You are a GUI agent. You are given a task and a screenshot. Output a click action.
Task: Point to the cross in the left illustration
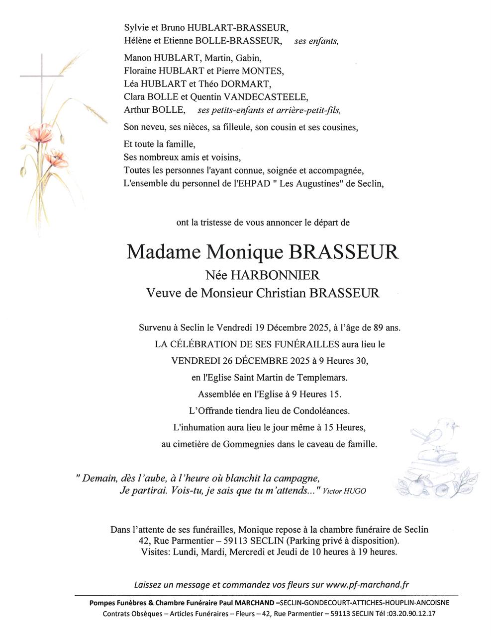(42, 77)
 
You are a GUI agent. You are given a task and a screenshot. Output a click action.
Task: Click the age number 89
(378, 327)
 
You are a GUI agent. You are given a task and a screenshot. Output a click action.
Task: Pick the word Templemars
(324, 378)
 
